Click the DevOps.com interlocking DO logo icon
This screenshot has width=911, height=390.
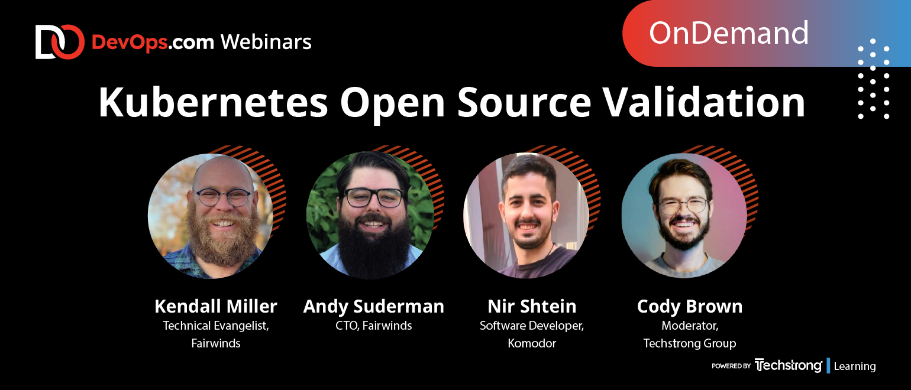pyautogui.click(x=60, y=42)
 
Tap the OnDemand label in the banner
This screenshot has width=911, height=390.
pyautogui.click(x=728, y=33)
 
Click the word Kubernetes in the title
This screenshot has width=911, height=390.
pyautogui.click(x=213, y=102)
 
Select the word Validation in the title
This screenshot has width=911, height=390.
pyautogui.click(x=703, y=102)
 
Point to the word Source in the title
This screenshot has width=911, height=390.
pyautogui.click(x=524, y=102)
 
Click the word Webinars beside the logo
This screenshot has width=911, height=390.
pyautogui.click(x=266, y=42)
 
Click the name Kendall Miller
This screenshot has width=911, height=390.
pyautogui.click(x=215, y=306)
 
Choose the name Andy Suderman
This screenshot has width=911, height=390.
pyautogui.click(x=374, y=306)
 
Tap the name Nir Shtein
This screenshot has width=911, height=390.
pyautogui.click(x=532, y=306)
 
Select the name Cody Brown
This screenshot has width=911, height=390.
pyautogui.click(x=690, y=307)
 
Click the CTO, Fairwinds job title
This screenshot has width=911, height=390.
pyautogui.click(x=374, y=326)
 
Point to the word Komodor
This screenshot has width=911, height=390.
pyautogui.click(x=532, y=343)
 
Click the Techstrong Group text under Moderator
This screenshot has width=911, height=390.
pyautogui.click(x=690, y=344)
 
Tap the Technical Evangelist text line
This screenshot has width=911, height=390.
pyautogui.click(x=216, y=326)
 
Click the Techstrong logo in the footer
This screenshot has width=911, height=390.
pyautogui.click(x=788, y=365)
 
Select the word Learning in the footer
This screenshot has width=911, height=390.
pyautogui.click(x=855, y=366)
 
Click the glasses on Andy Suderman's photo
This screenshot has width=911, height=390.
pyautogui.click(x=374, y=197)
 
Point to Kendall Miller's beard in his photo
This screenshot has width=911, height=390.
pyautogui.click(x=222, y=239)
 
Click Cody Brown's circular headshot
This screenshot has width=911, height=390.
pyautogui.click(x=684, y=216)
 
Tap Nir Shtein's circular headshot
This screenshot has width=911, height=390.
pyautogui.click(x=526, y=216)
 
